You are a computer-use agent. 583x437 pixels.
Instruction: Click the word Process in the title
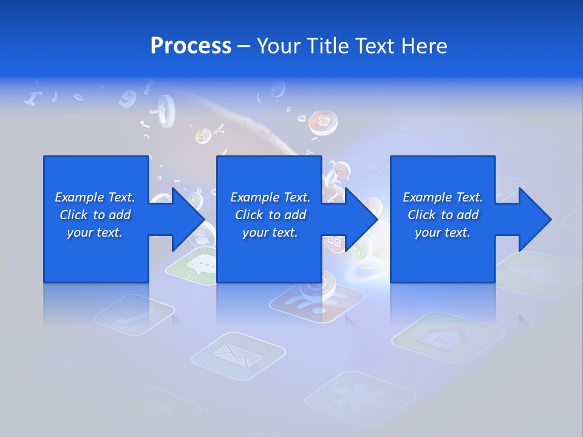(x=191, y=46)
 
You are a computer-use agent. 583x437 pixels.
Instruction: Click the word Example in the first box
(x=78, y=197)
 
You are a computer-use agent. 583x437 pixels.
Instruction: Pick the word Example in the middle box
(x=254, y=197)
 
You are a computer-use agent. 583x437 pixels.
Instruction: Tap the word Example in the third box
(x=426, y=197)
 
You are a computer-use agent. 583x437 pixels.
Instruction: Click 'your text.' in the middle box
(x=270, y=232)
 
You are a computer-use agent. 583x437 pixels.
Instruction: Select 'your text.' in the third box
(x=442, y=232)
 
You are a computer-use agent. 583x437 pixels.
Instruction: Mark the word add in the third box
(x=468, y=215)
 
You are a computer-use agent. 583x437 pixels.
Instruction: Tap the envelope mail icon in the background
(x=239, y=355)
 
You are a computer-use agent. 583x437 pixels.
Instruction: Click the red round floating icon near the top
(x=323, y=122)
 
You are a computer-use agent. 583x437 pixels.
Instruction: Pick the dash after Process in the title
(x=244, y=46)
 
